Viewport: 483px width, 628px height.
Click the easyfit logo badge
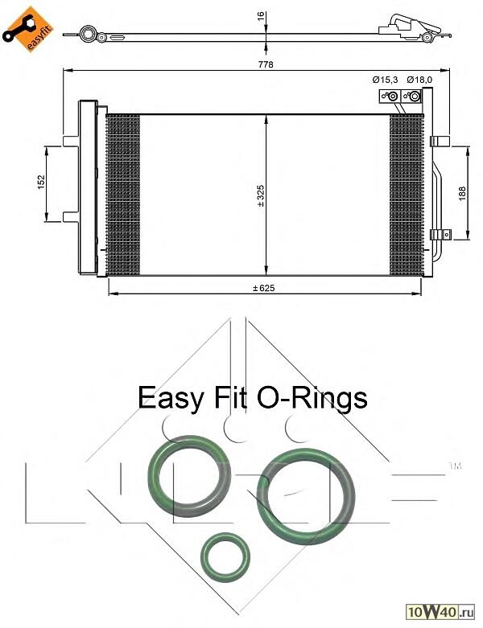28,29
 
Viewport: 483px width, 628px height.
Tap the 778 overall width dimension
266,64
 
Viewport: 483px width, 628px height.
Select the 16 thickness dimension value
261,16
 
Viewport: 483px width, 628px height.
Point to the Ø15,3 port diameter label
385,80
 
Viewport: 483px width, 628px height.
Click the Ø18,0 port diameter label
419,80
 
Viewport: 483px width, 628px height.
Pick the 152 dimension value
41,183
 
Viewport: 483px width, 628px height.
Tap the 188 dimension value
462,194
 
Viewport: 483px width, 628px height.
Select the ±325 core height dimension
261,195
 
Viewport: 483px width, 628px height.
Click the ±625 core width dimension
264,288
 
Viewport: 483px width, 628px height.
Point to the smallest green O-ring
225,557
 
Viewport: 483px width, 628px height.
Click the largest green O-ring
306,496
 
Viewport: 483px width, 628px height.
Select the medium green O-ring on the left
189,476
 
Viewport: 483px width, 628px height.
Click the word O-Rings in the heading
312,398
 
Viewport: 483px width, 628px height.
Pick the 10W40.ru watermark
440,612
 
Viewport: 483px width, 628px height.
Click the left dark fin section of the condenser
123,195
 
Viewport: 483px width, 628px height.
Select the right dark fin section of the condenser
407,195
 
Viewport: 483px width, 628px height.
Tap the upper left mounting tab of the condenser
71,142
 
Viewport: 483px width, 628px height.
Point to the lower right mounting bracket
440,235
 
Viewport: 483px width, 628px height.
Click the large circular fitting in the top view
88,35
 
